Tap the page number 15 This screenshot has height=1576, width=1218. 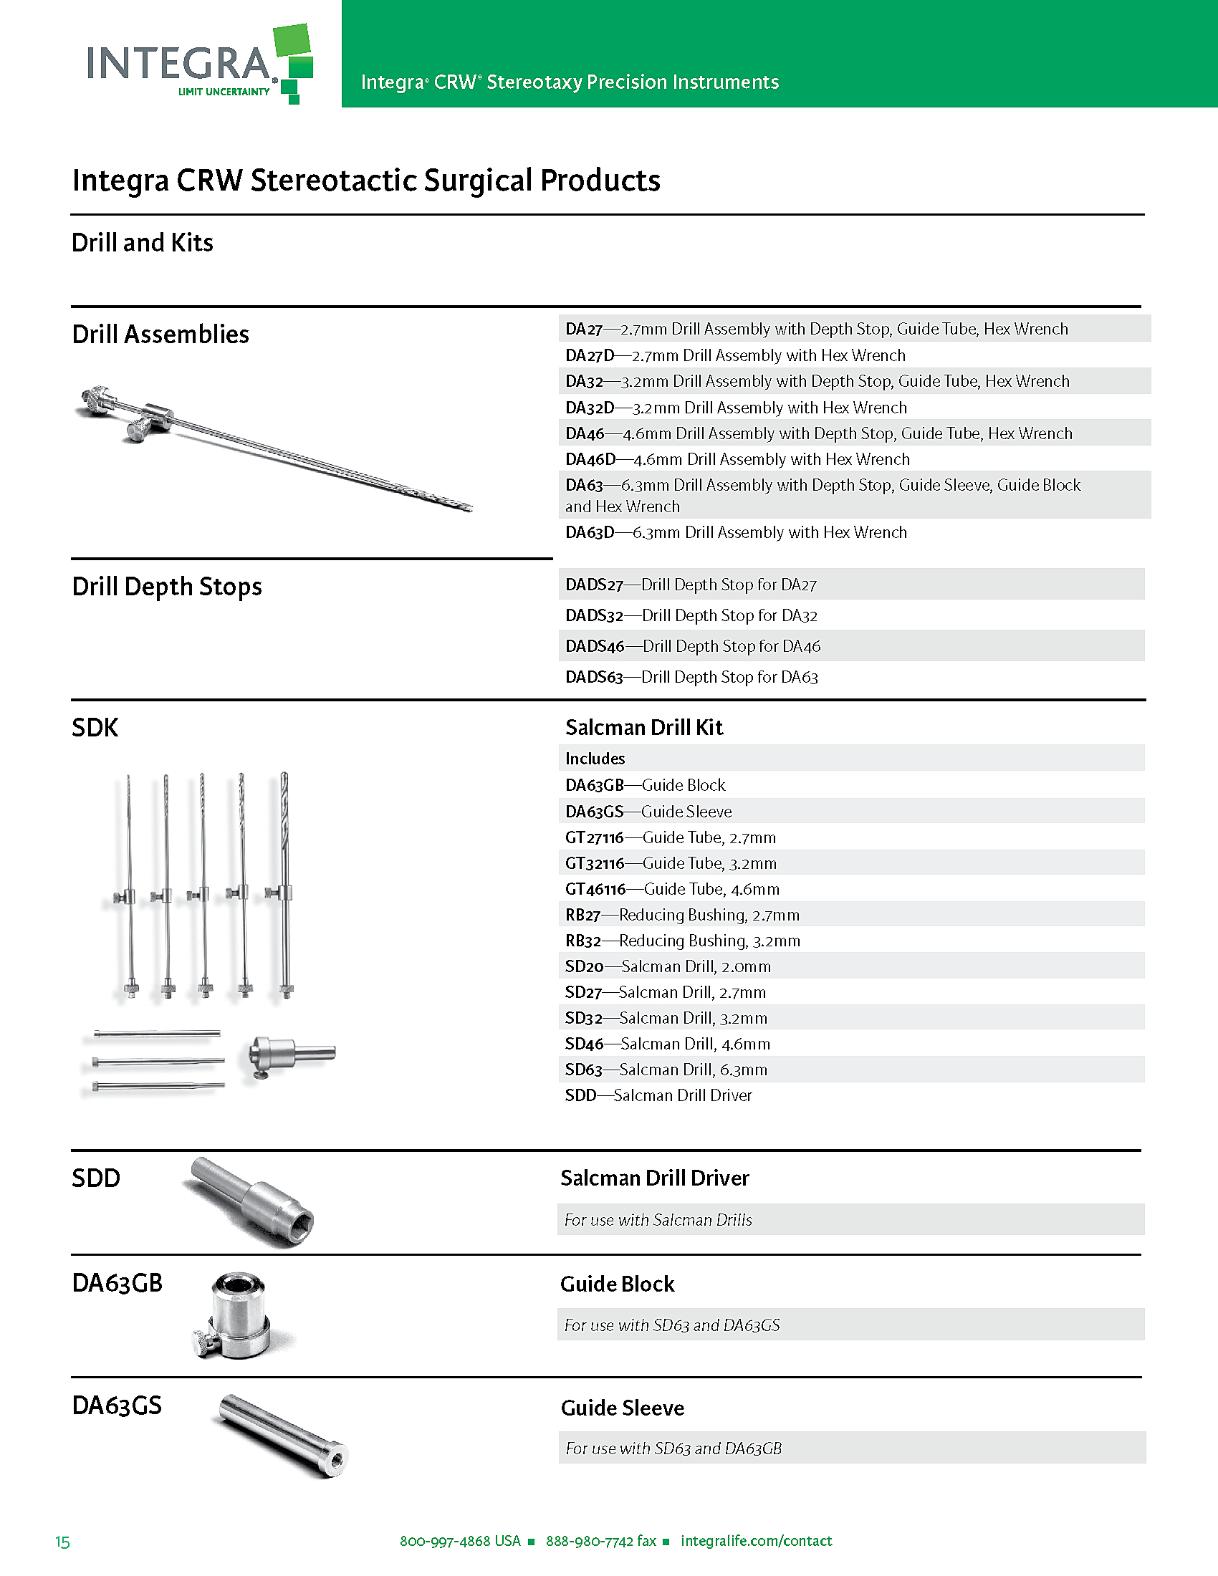click(x=63, y=1542)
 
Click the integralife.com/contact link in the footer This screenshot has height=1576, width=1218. click(x=755, y=1541)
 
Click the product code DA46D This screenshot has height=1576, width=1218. click(x=590, y=460)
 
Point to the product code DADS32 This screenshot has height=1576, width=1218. click(x=594, y=615)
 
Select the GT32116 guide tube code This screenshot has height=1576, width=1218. click(x=595, y=863)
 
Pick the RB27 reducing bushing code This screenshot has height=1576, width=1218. click(x=582, y=915)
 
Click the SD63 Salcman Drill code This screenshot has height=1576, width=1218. click(x=583, y=1070)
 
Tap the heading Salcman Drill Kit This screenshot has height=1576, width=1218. click(x=643, y=727)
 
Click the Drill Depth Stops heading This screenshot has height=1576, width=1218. click(x=167, y=587)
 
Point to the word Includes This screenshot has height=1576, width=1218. click(x=595, y=759)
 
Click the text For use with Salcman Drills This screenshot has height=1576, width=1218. click(x=658, y=1219)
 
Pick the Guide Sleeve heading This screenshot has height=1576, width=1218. click(x=622, y=1408)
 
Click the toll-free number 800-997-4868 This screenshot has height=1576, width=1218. click(x=460, y=1541)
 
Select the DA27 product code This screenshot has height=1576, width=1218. click(x=583, y=329)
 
